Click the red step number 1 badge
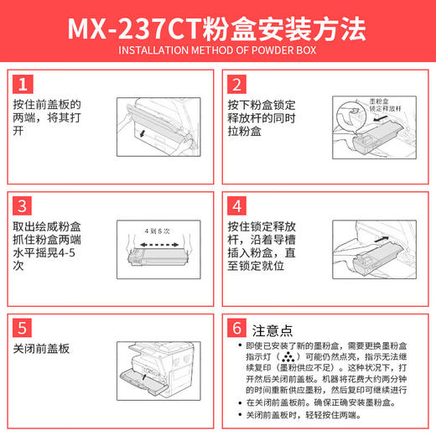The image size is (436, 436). tap(24, 84)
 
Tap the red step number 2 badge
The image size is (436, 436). tap(237, 84)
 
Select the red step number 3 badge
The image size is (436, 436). tap(24, 205)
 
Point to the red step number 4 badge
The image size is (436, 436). tap(237, 205)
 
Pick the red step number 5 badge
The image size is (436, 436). tap(24, 328)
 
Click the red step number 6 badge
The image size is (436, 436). tap(237, 328)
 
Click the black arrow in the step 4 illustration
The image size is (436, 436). tap(345, 247)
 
